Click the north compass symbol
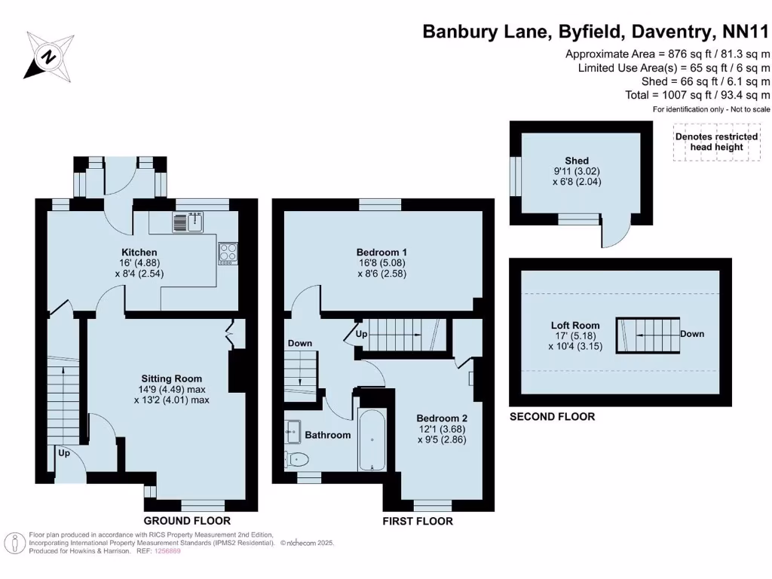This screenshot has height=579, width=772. pyautogui.click(x=49, y=56)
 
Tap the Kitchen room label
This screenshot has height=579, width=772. pyautogui.click(x=139, y=252)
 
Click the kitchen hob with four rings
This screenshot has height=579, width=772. pyautogui.click(x=228, y=253)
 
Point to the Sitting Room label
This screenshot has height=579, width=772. pyautogui.click(x=172, y=378)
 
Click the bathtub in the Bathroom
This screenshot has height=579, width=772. pyautogui.click(x=372, y=440)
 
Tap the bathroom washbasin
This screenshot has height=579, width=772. pyautogui.click(x=292, y=432)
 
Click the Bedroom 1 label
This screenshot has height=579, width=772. pyautogui.click(x=381, y=252)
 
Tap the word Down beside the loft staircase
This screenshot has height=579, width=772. pyautogui.click(x=692, y=333)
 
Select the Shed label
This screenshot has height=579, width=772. pyautogui.click(x=577, y=161)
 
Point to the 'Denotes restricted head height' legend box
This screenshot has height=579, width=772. pyautogui.click(x=716, y=142)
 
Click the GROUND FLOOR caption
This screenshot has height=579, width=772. pyautogui.click(x=187, y=521)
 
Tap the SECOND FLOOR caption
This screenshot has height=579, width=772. pyautogui.click(x=553, y=417)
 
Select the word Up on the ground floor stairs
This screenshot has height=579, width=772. pyautogui.click(x=64, y=455)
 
